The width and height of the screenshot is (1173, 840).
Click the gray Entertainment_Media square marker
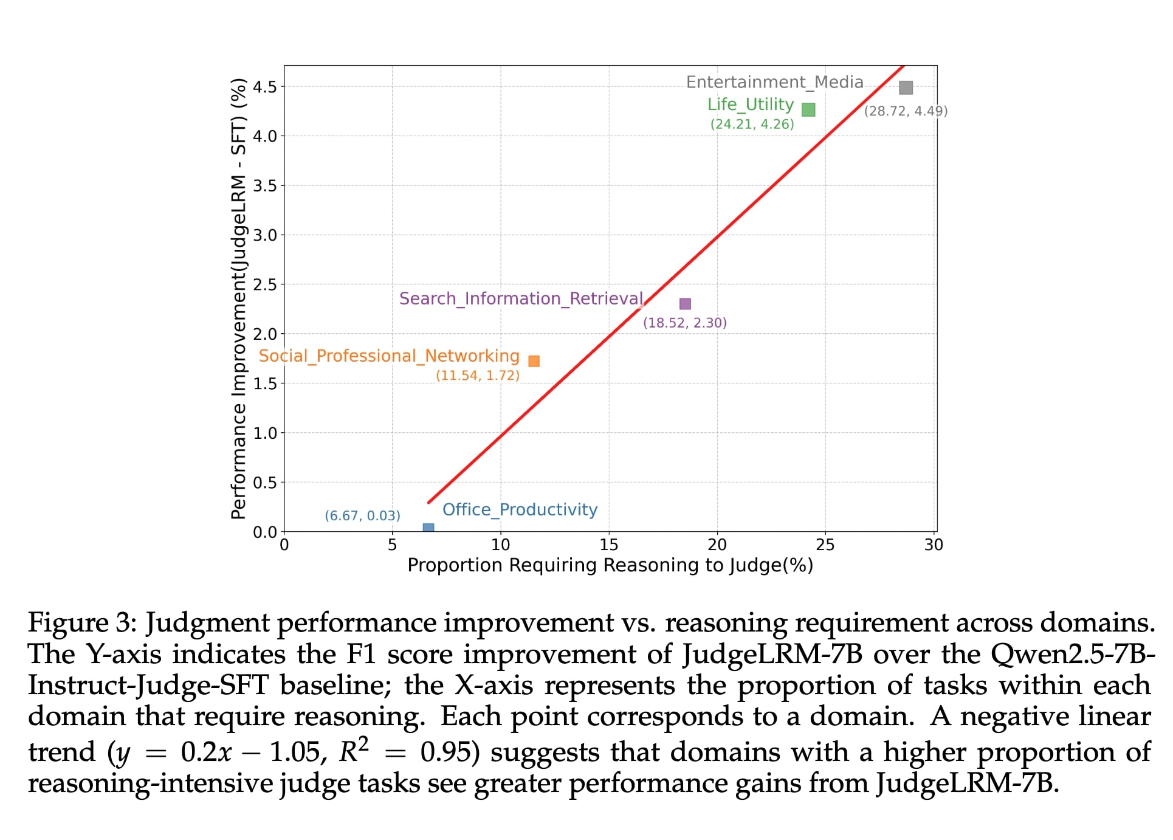pos(906,88)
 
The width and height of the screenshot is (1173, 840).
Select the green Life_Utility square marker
pos(808,109)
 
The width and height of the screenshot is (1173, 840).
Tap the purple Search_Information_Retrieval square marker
pos(685,304)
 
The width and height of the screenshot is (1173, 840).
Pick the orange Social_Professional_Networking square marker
pos(534,361)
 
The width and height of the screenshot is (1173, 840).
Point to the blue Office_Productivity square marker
pos(428,528)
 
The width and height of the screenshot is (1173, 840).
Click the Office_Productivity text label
pos(520,509)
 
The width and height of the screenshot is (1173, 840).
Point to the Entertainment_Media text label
pos(774,82)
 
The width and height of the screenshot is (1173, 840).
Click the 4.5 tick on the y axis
pos(265,87)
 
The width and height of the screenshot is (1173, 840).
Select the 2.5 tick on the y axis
pos(265,284)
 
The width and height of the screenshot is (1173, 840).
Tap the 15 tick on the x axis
pos(609,545)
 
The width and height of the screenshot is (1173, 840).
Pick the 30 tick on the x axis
pos(934,545)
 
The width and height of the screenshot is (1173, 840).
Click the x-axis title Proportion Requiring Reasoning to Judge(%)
pos(610,565)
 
